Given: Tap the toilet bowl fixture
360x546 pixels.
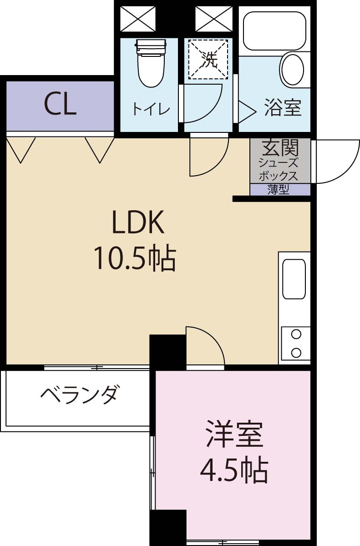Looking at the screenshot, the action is point(151,63).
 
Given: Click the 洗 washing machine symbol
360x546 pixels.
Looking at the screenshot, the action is point(208,60).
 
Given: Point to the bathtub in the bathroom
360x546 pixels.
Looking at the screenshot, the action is point(275,31).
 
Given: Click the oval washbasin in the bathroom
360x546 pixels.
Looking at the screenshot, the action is point(293,69).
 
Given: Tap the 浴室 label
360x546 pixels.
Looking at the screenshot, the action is point(283,107).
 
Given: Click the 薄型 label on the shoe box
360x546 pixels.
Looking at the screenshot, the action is point(279,189).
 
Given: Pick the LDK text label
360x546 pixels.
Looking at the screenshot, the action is point(138,222).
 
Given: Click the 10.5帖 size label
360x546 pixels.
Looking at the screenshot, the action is point(135,258).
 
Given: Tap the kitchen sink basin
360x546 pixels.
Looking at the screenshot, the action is point(294,279).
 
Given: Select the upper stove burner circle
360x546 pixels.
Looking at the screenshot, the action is point(296,334).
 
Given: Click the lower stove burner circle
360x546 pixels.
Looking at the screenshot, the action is point(296,353).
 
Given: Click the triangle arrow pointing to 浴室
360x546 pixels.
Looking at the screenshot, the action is point(247,111).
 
